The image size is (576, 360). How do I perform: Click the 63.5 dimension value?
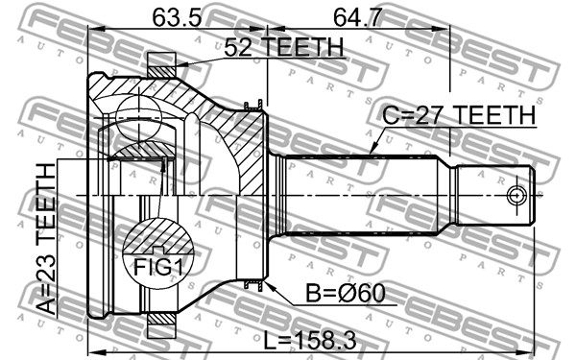click(177, 17)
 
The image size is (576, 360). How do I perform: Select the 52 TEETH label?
click(284, 47)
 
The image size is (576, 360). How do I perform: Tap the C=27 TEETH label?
click(459, 115)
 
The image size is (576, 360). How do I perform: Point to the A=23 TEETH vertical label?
click(47, 239)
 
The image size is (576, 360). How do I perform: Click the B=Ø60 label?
click(346, 293)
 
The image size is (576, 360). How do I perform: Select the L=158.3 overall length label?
click(310, 340)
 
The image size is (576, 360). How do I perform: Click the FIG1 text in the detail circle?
click(158, 267)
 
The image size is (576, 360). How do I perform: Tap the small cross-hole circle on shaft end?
click(516, 195)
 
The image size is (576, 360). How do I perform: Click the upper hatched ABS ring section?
click(161, 72)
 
